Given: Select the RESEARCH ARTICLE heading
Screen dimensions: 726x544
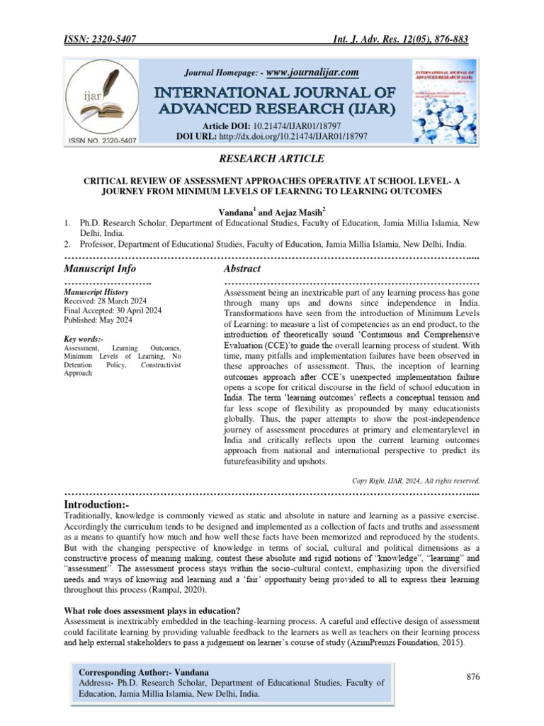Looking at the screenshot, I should tap(271, 158).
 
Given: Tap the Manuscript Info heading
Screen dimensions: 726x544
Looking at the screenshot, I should tap(100, 269).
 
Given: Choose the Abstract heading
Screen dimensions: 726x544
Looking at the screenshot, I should tap(242, 269).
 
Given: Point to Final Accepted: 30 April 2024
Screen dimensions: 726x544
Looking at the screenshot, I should tap(112, 310).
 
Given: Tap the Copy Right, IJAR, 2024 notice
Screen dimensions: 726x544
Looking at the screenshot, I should tap(416, 480).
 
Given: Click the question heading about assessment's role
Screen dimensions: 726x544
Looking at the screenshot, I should tap(152, 611).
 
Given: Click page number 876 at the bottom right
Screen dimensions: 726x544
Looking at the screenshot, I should tap(473, 677).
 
